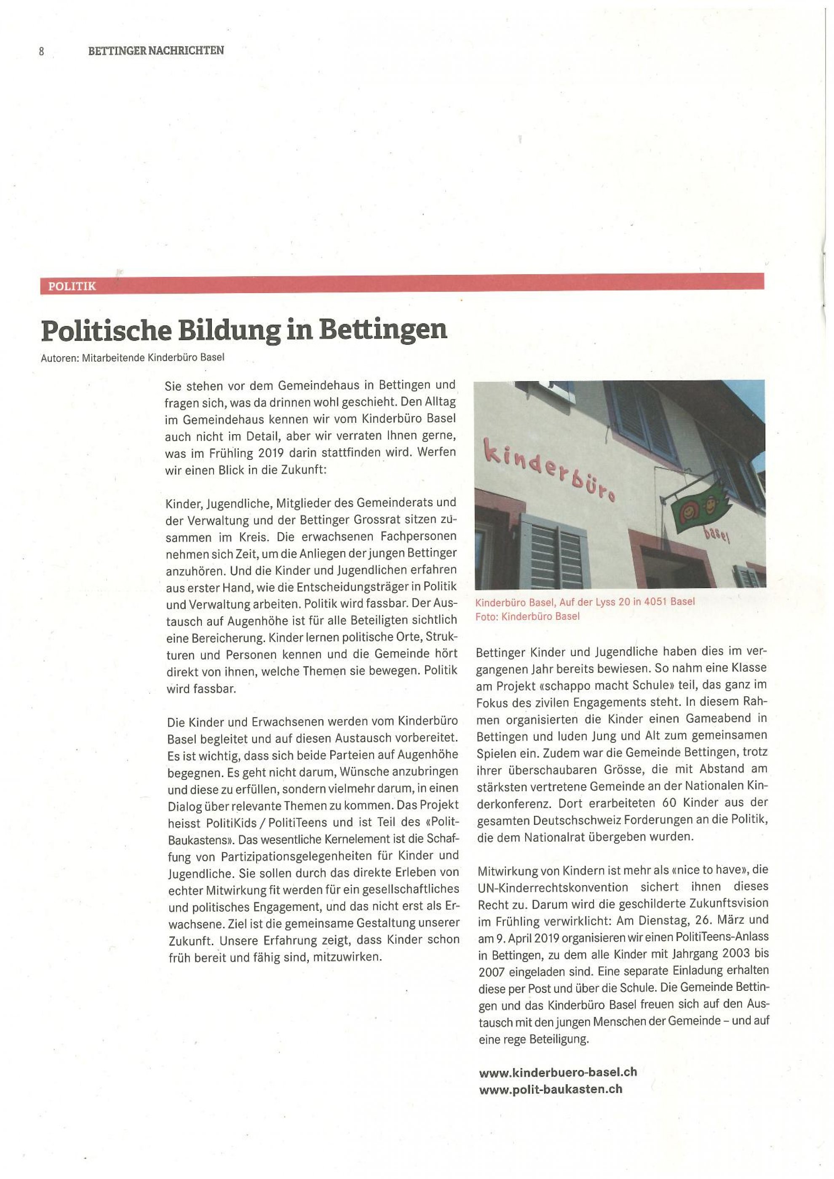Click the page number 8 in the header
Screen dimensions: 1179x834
click(x=42, y=51)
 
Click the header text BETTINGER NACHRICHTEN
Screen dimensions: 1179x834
click(x=156, y=51)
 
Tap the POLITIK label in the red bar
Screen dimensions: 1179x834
click(x=72, y=286)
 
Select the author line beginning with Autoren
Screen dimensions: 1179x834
click(x=133, y=357)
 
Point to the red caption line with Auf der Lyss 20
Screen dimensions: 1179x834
click(x=585, y=601)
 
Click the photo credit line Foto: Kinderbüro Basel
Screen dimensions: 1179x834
click(x=527, y=616)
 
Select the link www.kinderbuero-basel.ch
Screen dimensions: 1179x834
click(x=558, y=1072)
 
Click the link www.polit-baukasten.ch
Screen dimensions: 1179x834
click(x=550, y=1088)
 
